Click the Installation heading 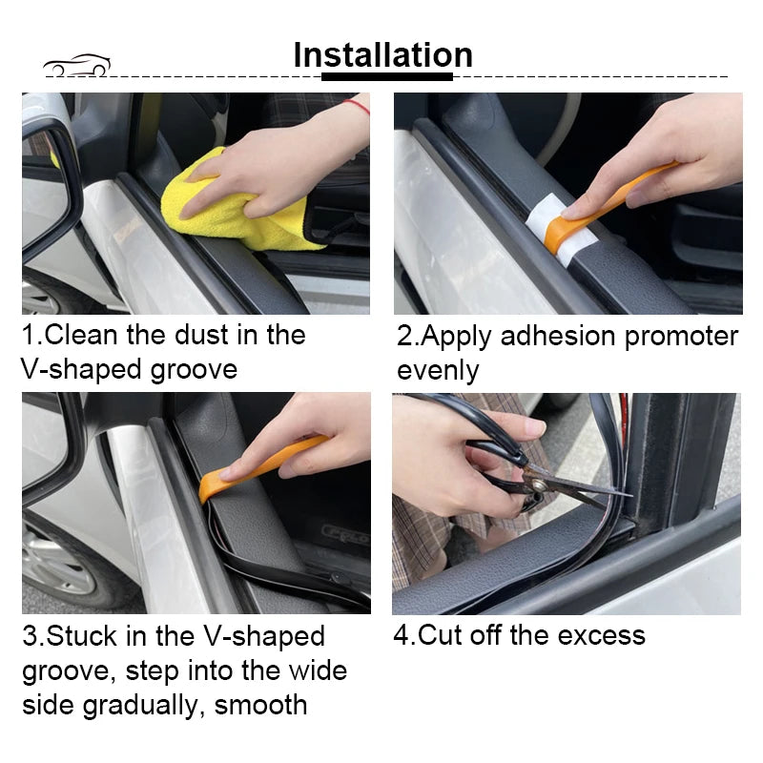[382, 54]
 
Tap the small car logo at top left [76, 65]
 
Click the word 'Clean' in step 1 [81, 335]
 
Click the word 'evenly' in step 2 [438, 370]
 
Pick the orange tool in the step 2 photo [610, 200]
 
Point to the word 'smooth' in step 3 [260, 705]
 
